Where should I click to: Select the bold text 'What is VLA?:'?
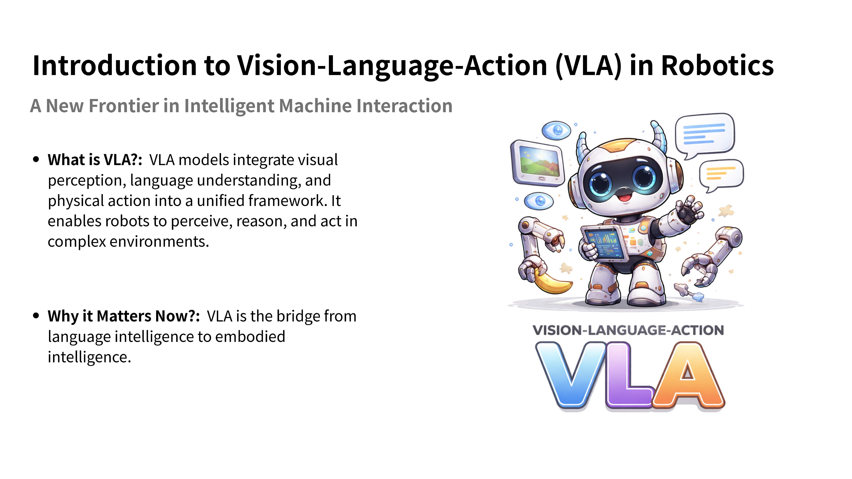pos(95,160)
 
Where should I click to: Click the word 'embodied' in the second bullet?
pos(250,337)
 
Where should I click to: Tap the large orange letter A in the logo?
pos(688,375)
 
